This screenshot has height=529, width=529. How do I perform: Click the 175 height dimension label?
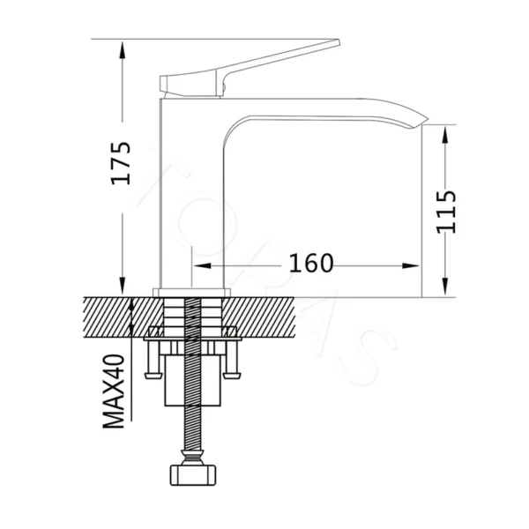(x=121, y=163)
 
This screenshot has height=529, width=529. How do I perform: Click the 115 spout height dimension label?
(x=447, y=212)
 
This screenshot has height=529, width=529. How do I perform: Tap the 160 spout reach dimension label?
(x=311, y=263)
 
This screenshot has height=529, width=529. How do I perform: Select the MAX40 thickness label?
(x=114, y=391)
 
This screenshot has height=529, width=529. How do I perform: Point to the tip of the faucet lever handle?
(x=339, y=41)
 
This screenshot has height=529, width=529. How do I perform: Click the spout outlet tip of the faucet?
(x=425, y=121)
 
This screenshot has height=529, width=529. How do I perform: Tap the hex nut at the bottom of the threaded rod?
(x=192, y=475)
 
